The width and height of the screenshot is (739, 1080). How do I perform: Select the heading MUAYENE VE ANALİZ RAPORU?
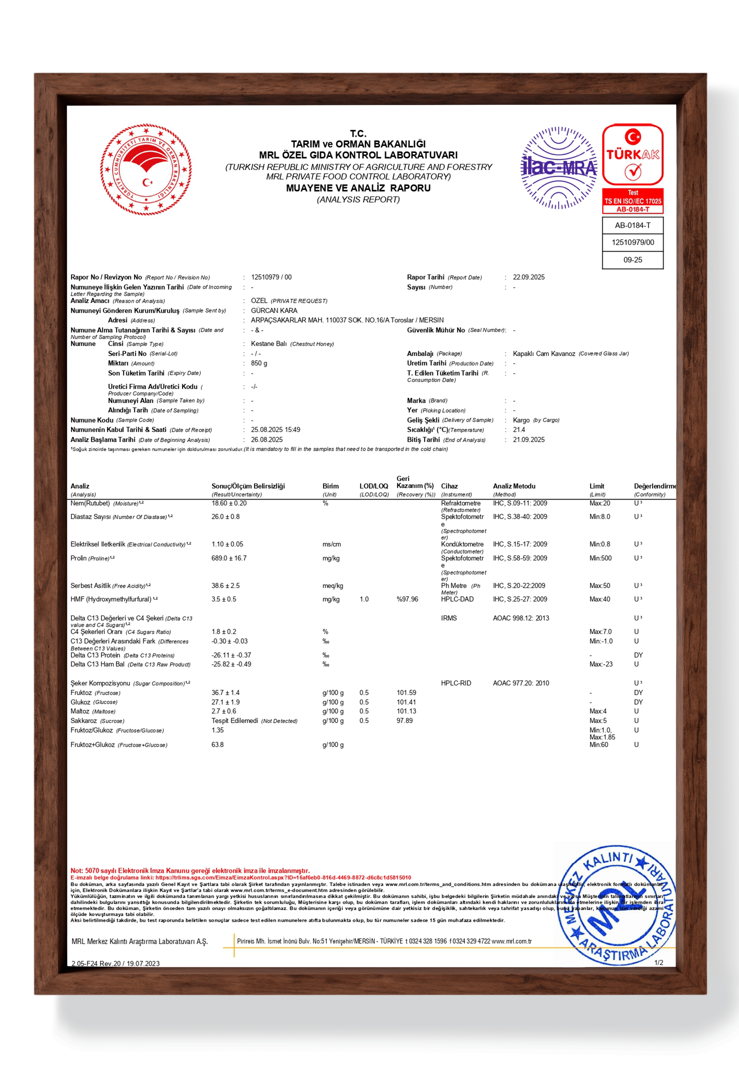click(358, 188)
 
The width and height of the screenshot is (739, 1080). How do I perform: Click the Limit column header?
click(597, 486)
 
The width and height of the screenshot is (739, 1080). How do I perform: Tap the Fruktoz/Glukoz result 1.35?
click(218, 730)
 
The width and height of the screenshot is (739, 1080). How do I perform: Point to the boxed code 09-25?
click(633, 260)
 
